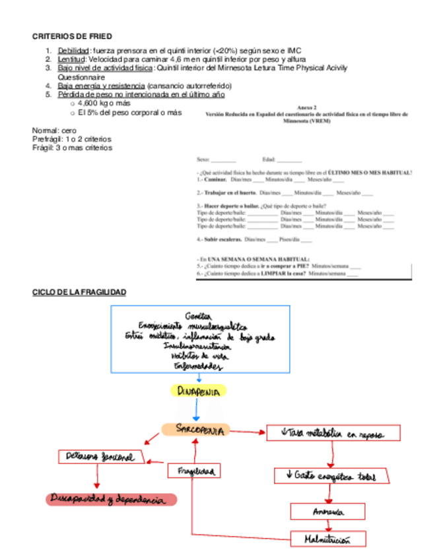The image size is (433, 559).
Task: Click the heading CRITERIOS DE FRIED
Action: pyautogui.click(x=72, y=36)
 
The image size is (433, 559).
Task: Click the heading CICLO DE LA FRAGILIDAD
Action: pyautogui.click(x=79, y=292)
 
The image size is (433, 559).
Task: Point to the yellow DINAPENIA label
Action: pyautogui.click(x=199, y=391)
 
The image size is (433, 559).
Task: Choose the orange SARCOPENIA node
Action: pyautogui.click(x=195, y=430)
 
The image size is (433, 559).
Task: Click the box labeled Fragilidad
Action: pyautogui.click(x=193, y=471)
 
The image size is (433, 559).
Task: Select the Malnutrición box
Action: pyautogui.click(x=327, y=539)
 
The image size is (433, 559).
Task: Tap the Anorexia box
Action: pyautogui.click(x=327, y=512)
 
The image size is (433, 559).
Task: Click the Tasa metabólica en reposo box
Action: pyautogui.click(x=333, y=433)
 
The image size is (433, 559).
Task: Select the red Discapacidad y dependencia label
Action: pyautogui.click(x=111, y=500)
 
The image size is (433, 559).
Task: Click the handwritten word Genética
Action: pyautogui.click(x=203, y=315)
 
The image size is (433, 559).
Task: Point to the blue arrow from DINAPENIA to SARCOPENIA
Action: pyautogui.click(x=196, y=410)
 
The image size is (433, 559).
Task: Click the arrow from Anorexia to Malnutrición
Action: pyautogui.click(x=328, y=525)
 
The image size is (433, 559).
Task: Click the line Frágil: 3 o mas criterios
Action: pyautogui.click(x=72, y=148)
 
